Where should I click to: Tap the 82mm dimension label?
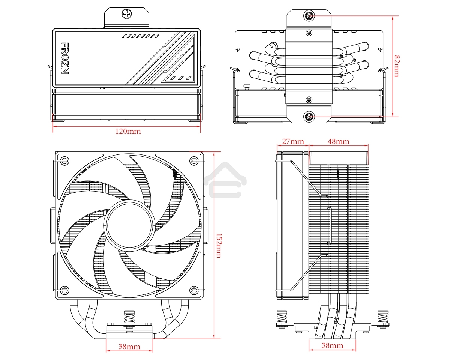tap(397, 66)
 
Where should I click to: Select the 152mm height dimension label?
tap(218, 246)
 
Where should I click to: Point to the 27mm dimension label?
tap(293, 141)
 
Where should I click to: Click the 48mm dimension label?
tap(338, 141)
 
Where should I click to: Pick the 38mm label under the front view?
tap(129, 347)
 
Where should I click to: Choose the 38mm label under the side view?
tap(332, 345)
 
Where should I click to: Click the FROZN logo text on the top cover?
tap(64, 58)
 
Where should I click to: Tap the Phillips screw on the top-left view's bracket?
tap(127, 14)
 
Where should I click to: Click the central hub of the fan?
tap(129, 224)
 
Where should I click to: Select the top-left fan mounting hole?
tap(64, 161)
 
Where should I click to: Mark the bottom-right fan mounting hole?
tap(194, 289)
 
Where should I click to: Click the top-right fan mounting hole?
tap(194, 161)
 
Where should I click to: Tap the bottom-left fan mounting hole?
tap(64, 289)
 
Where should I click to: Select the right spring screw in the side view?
tap(383, 318)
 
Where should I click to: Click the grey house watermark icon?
tap(225, 180)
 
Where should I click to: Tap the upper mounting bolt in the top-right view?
tap(309, 16)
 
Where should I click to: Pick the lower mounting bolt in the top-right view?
tap(309, 117)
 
